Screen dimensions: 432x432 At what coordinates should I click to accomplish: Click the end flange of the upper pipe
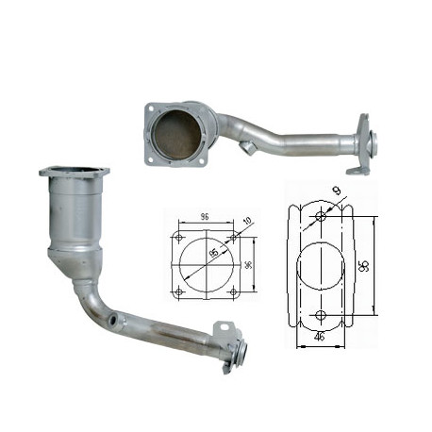(364, 146)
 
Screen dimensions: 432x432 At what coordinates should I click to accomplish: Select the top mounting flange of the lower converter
(75, 174)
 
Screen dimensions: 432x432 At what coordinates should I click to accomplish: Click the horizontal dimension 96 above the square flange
(204, 217)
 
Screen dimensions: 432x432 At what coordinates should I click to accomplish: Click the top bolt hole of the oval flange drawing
(322, 219)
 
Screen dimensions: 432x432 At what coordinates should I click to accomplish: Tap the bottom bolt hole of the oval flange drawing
(322, 313)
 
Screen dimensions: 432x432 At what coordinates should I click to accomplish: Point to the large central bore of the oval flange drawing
(322, 266)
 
